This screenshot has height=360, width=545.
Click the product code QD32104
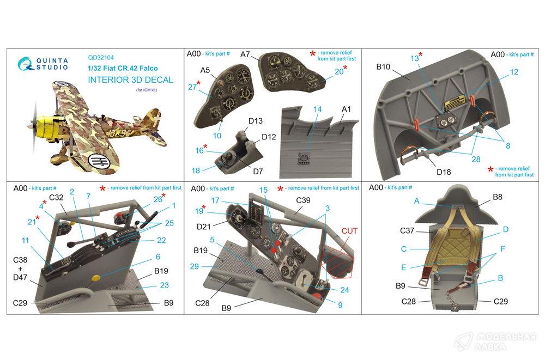101,58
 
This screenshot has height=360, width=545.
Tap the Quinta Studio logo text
52,64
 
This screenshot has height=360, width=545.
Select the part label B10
383,66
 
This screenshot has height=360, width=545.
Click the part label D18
444,172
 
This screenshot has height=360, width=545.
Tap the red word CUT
349,231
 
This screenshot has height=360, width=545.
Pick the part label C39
303,200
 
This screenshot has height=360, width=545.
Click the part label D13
255,121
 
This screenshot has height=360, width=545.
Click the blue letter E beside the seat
403,267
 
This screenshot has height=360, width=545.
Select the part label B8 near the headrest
498,197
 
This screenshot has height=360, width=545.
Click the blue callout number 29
195,266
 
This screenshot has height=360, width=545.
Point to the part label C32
56,197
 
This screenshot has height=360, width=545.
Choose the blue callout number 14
317,109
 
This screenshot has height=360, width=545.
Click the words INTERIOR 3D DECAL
130,80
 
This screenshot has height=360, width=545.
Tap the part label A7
245,54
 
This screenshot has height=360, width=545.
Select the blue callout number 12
514,72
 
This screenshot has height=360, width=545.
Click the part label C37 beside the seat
407,230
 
